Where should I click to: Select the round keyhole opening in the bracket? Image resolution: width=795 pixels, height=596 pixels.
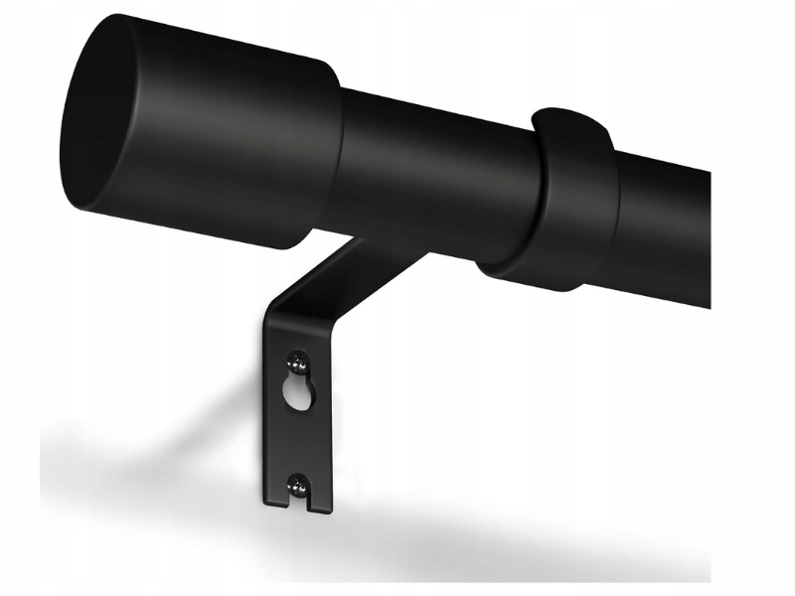coord(296,395)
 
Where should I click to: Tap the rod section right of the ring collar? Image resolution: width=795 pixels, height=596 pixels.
coord(666,233)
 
